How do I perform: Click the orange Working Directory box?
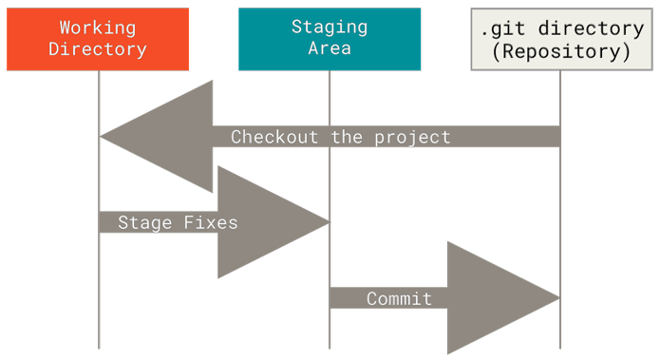click(98, 39)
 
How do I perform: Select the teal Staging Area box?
click(330, 39)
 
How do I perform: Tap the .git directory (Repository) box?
click(561, 39)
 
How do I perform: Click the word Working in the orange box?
click(98, 28)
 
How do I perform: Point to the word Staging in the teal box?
click(330, 28)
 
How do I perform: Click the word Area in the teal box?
click(330, 49)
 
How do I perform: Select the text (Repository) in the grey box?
click(561, 51)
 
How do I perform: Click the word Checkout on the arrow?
click(276, 137)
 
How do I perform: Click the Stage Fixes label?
click(178, 222)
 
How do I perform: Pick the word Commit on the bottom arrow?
click(400, 298)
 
